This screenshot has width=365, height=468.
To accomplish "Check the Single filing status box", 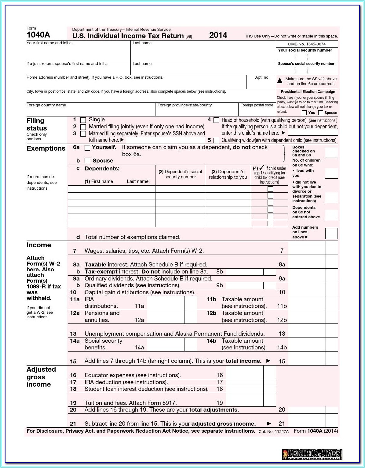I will (x=83, y=120).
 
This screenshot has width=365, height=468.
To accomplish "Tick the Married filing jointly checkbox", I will (x=83, y=127).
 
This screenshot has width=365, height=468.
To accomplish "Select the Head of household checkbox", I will (x=216, y=120).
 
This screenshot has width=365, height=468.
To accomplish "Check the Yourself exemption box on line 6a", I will (x=87, y=148).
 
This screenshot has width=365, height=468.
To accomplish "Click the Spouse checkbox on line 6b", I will (x=87, y=160).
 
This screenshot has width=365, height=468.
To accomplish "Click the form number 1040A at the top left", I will (x=38, y=35).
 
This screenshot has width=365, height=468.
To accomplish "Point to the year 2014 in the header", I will (x=218, y=35).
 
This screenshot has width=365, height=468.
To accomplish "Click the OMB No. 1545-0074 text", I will (x=307, y=44).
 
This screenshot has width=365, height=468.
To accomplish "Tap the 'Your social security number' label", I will (x=305, y=50).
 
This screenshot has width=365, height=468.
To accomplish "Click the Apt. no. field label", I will (x=262, y=77).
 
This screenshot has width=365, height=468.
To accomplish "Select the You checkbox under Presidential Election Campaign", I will (x=304, y=113).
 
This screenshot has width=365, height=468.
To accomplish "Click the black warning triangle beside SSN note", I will (x=280, y=81).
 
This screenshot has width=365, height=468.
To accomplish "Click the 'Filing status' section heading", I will (x=36, y=124).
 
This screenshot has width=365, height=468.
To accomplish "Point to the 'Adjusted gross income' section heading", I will (x=41, y=377).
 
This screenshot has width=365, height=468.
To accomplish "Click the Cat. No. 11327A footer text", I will (x=273, y=432).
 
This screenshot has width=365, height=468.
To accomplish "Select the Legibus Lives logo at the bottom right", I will (x=312, y=455).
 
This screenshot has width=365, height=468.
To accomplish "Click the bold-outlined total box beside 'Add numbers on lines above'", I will (x=331, y=234).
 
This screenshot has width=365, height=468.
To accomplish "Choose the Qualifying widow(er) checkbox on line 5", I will (x=216, y=141).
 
